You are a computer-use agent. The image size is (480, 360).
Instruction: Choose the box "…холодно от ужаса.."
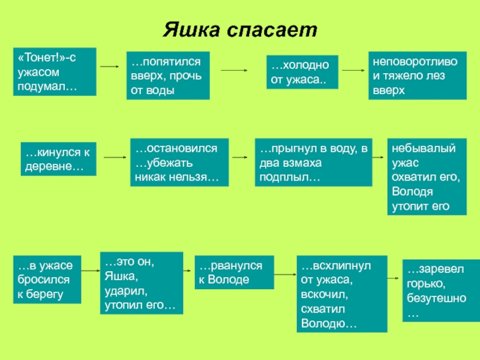302,71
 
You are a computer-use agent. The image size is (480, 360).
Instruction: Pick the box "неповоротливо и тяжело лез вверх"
415,76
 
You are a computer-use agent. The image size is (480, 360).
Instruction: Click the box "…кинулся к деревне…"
58,158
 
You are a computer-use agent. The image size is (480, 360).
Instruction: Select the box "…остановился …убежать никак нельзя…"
178,163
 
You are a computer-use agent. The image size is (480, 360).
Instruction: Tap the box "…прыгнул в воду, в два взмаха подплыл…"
313,163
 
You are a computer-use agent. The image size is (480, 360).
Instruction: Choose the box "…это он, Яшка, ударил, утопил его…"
140,284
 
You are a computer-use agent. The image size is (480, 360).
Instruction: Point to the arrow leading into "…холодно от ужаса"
235,70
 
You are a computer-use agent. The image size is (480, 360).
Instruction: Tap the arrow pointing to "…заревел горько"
394,279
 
